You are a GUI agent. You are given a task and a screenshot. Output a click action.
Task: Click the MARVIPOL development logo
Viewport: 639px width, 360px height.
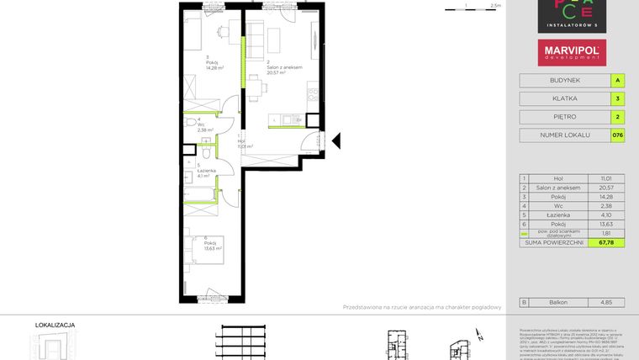569,53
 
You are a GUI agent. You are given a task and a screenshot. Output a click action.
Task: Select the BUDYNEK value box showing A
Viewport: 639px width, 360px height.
618,81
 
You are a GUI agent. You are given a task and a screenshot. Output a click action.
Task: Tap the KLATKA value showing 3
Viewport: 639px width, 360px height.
618,98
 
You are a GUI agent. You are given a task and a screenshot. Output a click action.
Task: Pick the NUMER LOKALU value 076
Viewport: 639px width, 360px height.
618,135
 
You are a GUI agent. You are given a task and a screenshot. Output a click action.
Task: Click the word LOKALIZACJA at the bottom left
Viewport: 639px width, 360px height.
55,323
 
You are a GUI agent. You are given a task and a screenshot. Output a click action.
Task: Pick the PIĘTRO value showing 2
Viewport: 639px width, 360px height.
618,117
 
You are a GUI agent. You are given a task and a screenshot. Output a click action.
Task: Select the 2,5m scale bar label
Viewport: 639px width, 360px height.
495,5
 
